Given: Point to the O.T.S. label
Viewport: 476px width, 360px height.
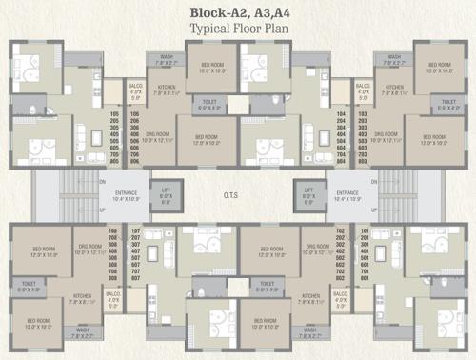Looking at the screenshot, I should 238,198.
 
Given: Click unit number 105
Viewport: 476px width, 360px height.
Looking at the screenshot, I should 117,114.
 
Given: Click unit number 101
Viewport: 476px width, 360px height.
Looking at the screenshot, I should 362,231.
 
